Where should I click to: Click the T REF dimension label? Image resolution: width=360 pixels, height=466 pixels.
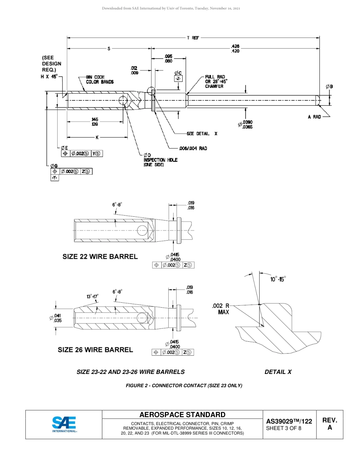pos(193,38)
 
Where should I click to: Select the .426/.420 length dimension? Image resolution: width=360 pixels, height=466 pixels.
pos(235,48)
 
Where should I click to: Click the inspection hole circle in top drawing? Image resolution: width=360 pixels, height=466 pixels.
pos(124,100)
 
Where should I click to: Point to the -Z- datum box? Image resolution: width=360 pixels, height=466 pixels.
pos(178,78)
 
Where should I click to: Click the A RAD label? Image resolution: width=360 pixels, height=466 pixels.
pos(314,117)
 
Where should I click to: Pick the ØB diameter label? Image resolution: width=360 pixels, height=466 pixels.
pos(329,87)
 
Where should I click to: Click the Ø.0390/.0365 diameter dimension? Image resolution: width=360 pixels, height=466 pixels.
pos(246,124)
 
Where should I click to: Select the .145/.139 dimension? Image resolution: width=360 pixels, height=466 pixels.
pos(94,122)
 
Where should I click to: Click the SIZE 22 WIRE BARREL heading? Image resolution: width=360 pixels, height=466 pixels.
pos(100,256)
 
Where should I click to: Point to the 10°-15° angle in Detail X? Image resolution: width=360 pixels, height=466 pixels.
pos(278,279)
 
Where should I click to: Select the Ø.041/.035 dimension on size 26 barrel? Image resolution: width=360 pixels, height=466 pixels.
pos(56,318)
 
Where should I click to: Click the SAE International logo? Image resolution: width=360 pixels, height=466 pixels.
pos(64,424)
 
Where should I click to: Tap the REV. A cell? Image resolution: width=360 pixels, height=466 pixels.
pos(329,424)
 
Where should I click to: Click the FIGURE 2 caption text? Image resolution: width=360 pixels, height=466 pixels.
pos(184,386)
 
